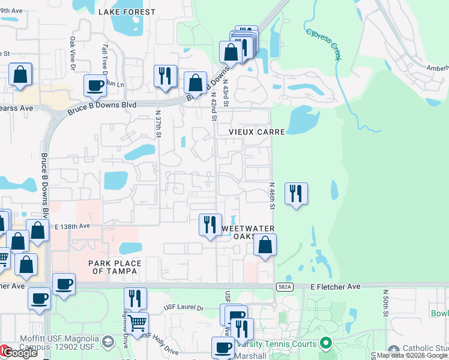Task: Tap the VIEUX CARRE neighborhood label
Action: pyautogui.click(x=250, y=131)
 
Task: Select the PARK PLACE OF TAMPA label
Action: pyautogui.click(x=115, y=267)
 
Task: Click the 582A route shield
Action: pyautogui.click(x=284, y=287)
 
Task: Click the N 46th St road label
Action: pyautogui.click(x=272, y=196)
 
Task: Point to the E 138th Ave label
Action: pyautogui.click(x=72, y=227)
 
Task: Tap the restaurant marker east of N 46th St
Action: pyautogui.click(x=295, y=194)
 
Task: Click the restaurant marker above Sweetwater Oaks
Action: pyautogui.click(x=210, y=225)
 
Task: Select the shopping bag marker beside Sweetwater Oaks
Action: pyautogui.click(x=265, y=245)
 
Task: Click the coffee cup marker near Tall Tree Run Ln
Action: pyautogui.click(x=95, y=86)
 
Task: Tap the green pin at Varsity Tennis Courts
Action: pyautogui.click(x=326, y=344)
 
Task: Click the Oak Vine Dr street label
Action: pyautogui.click(x=72, y=51)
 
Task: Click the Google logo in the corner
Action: pyautogui.click(x=19, y=353)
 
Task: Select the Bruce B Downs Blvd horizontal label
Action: pyautogui.click(x=102, y=106)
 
